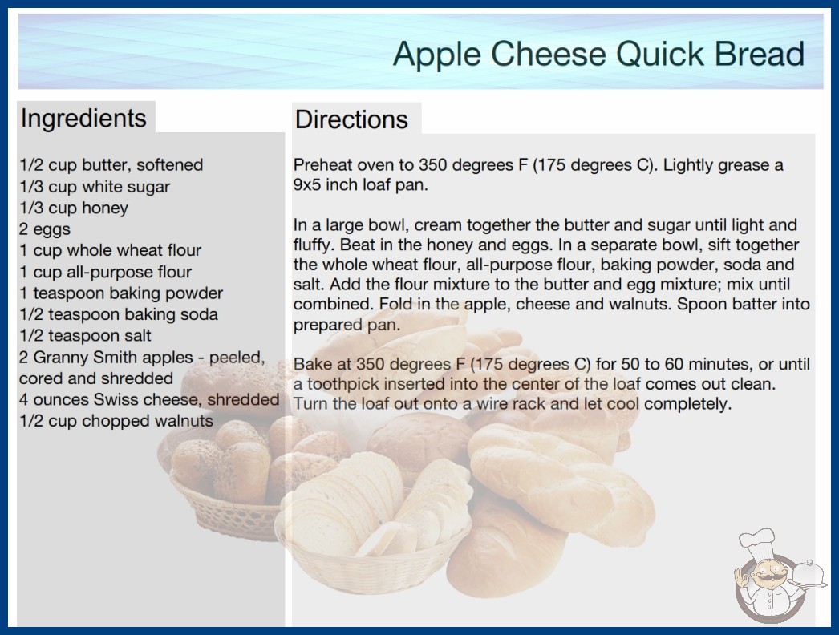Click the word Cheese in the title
click(x=549, y=54)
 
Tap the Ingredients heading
click(x=83, y=119)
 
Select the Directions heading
click(x=351, y=119)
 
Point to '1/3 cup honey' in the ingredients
click(x=74, y=208)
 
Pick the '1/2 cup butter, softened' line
click(x=111, y=165)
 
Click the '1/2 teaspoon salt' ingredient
click(x=85, y=335)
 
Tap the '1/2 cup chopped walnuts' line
click(x=116, y=420)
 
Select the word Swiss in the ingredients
click(x=113, y=399)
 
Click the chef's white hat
click(x=758, y=541)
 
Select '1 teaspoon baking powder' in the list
click(x=121, y=293)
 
